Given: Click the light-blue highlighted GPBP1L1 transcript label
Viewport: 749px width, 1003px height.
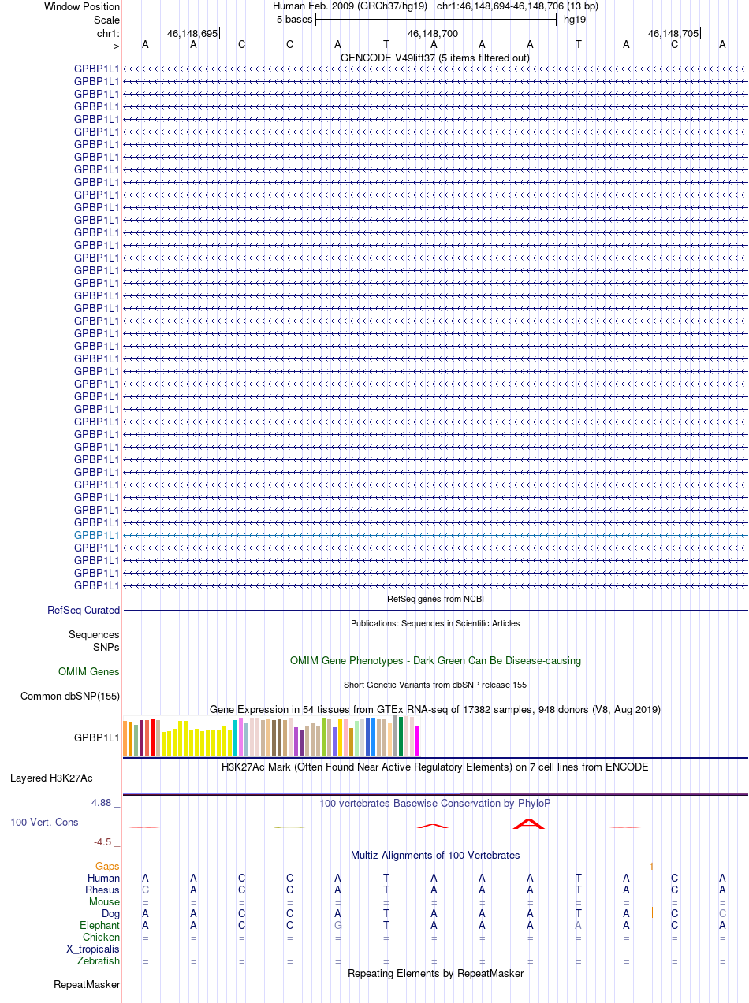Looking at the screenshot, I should pos(96,535).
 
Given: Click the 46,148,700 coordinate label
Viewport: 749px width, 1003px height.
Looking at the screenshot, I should pos(432,34).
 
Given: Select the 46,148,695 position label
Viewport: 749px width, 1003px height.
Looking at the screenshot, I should pos(192,34).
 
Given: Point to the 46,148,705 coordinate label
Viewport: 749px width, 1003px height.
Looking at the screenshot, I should pos(673,34).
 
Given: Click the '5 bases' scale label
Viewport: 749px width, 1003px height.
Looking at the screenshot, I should pos(294,20).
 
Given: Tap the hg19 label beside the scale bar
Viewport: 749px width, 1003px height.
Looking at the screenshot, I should pos(574,20).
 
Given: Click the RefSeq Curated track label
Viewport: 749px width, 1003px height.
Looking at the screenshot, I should pos(84,610).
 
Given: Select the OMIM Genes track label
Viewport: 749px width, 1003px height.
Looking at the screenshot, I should pos(89,672).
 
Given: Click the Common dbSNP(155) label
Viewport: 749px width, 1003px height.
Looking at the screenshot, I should pos(70,696).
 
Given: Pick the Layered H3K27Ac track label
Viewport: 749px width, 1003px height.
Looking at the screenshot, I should pos(51,778).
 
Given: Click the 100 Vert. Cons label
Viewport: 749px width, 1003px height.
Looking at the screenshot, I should pos(44,822).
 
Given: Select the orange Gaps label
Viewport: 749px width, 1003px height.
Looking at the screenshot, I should pos(107,866).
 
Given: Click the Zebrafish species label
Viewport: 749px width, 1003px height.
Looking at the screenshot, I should pos(99,960).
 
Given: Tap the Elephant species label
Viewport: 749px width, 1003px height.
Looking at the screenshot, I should pos(99,925).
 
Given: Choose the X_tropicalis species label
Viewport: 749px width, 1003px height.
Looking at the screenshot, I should pos(93,949).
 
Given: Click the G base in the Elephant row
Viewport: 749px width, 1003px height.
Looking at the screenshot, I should pos(337,925).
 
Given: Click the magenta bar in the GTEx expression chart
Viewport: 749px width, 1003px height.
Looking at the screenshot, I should pos(417,741).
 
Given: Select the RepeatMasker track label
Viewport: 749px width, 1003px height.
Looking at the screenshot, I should pos(87,984).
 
